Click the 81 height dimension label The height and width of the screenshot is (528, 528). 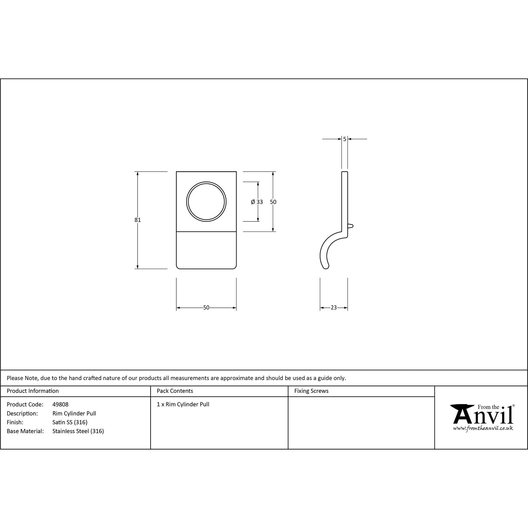[x=138, y=220]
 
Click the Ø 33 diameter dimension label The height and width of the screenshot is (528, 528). [x=257, y=202]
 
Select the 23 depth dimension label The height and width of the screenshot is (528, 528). [x=334, y=308]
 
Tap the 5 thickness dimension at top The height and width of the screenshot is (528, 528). [x=345, y=139]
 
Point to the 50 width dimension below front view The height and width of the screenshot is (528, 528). [x=206, y=308]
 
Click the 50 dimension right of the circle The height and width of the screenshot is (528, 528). [x=273, y=202]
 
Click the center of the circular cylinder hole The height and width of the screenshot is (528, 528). [x=206, y=202]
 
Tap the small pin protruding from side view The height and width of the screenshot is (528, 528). [x=351, y=226]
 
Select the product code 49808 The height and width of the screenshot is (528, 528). [x=60, y=404]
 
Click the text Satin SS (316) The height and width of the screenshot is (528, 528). [x=70, y=422]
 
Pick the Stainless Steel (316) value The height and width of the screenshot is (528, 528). [x=78, y=431]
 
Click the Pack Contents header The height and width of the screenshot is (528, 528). [x=175, y=391]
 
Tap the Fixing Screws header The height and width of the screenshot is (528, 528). [x=311, y=391]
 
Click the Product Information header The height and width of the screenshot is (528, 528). [x=33, y=391]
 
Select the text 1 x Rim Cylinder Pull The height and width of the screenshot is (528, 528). [x=183, y=404]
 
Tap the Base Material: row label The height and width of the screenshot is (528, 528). [x=25, y=431]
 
